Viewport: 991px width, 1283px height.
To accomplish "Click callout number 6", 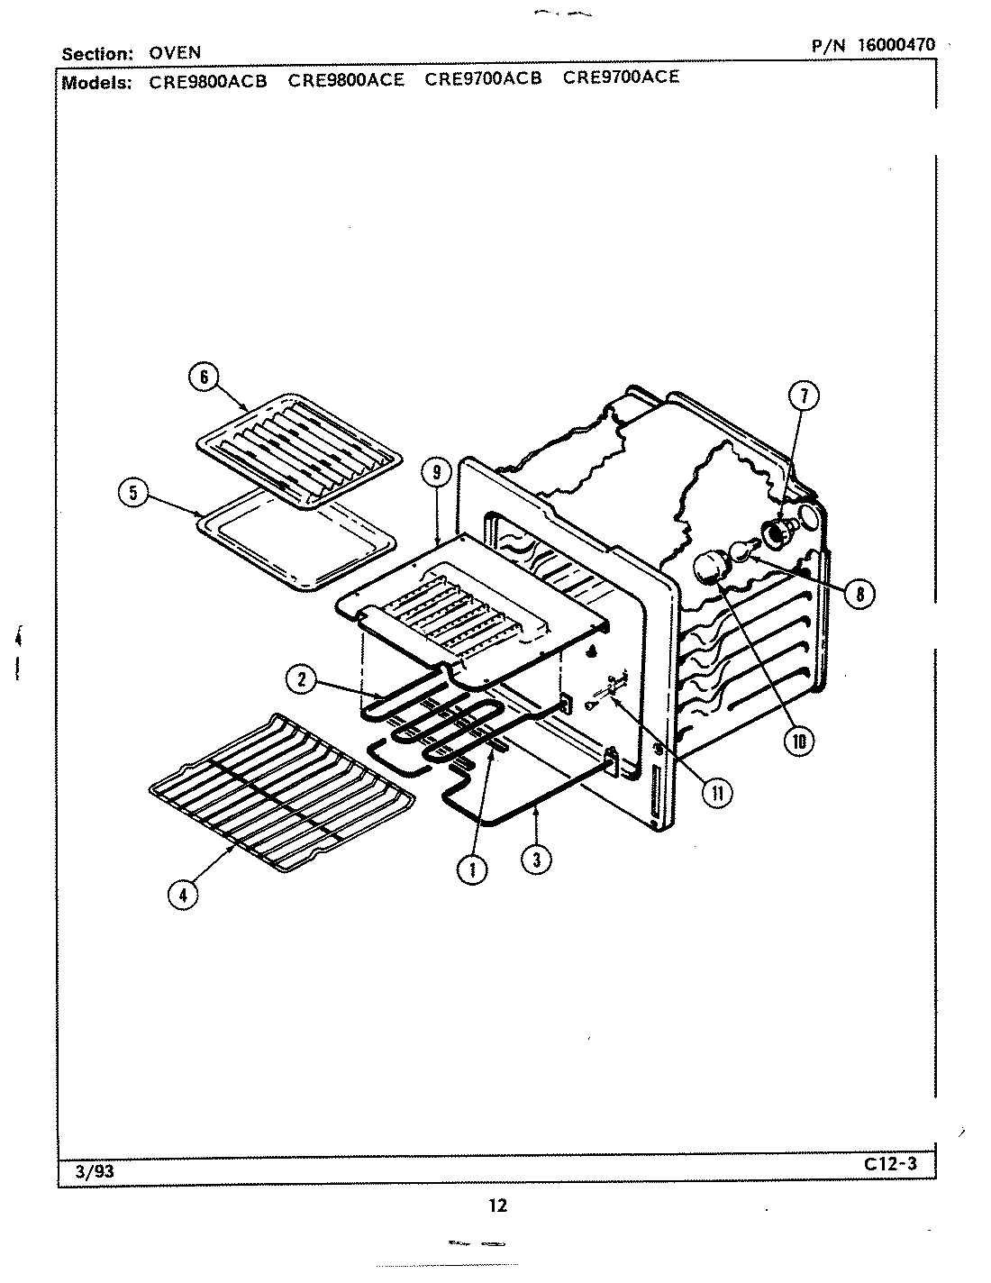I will (204, 378).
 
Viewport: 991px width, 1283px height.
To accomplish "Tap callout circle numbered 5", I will (132, 492).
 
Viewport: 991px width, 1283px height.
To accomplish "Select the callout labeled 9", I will (435, 473).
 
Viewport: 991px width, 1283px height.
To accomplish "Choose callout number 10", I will (798, 740).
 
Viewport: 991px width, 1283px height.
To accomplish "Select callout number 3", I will (536, 859).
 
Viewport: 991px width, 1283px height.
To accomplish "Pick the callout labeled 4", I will (183, 895).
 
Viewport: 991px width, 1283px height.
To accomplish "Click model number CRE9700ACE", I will (621, 77).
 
